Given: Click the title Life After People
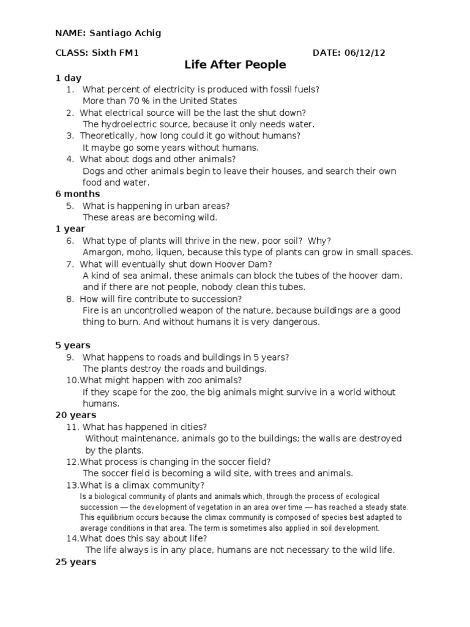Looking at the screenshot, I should tap(236, 64).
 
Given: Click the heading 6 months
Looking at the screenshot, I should tap(78, 194).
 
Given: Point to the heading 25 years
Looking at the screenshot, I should tap(75, 561).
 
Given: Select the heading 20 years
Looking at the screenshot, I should tap(75, 415).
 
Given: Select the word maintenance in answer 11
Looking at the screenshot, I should tap(151, 438).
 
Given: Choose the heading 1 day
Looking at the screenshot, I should tap(68, 78).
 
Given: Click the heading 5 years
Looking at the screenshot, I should tap(72, 345).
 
